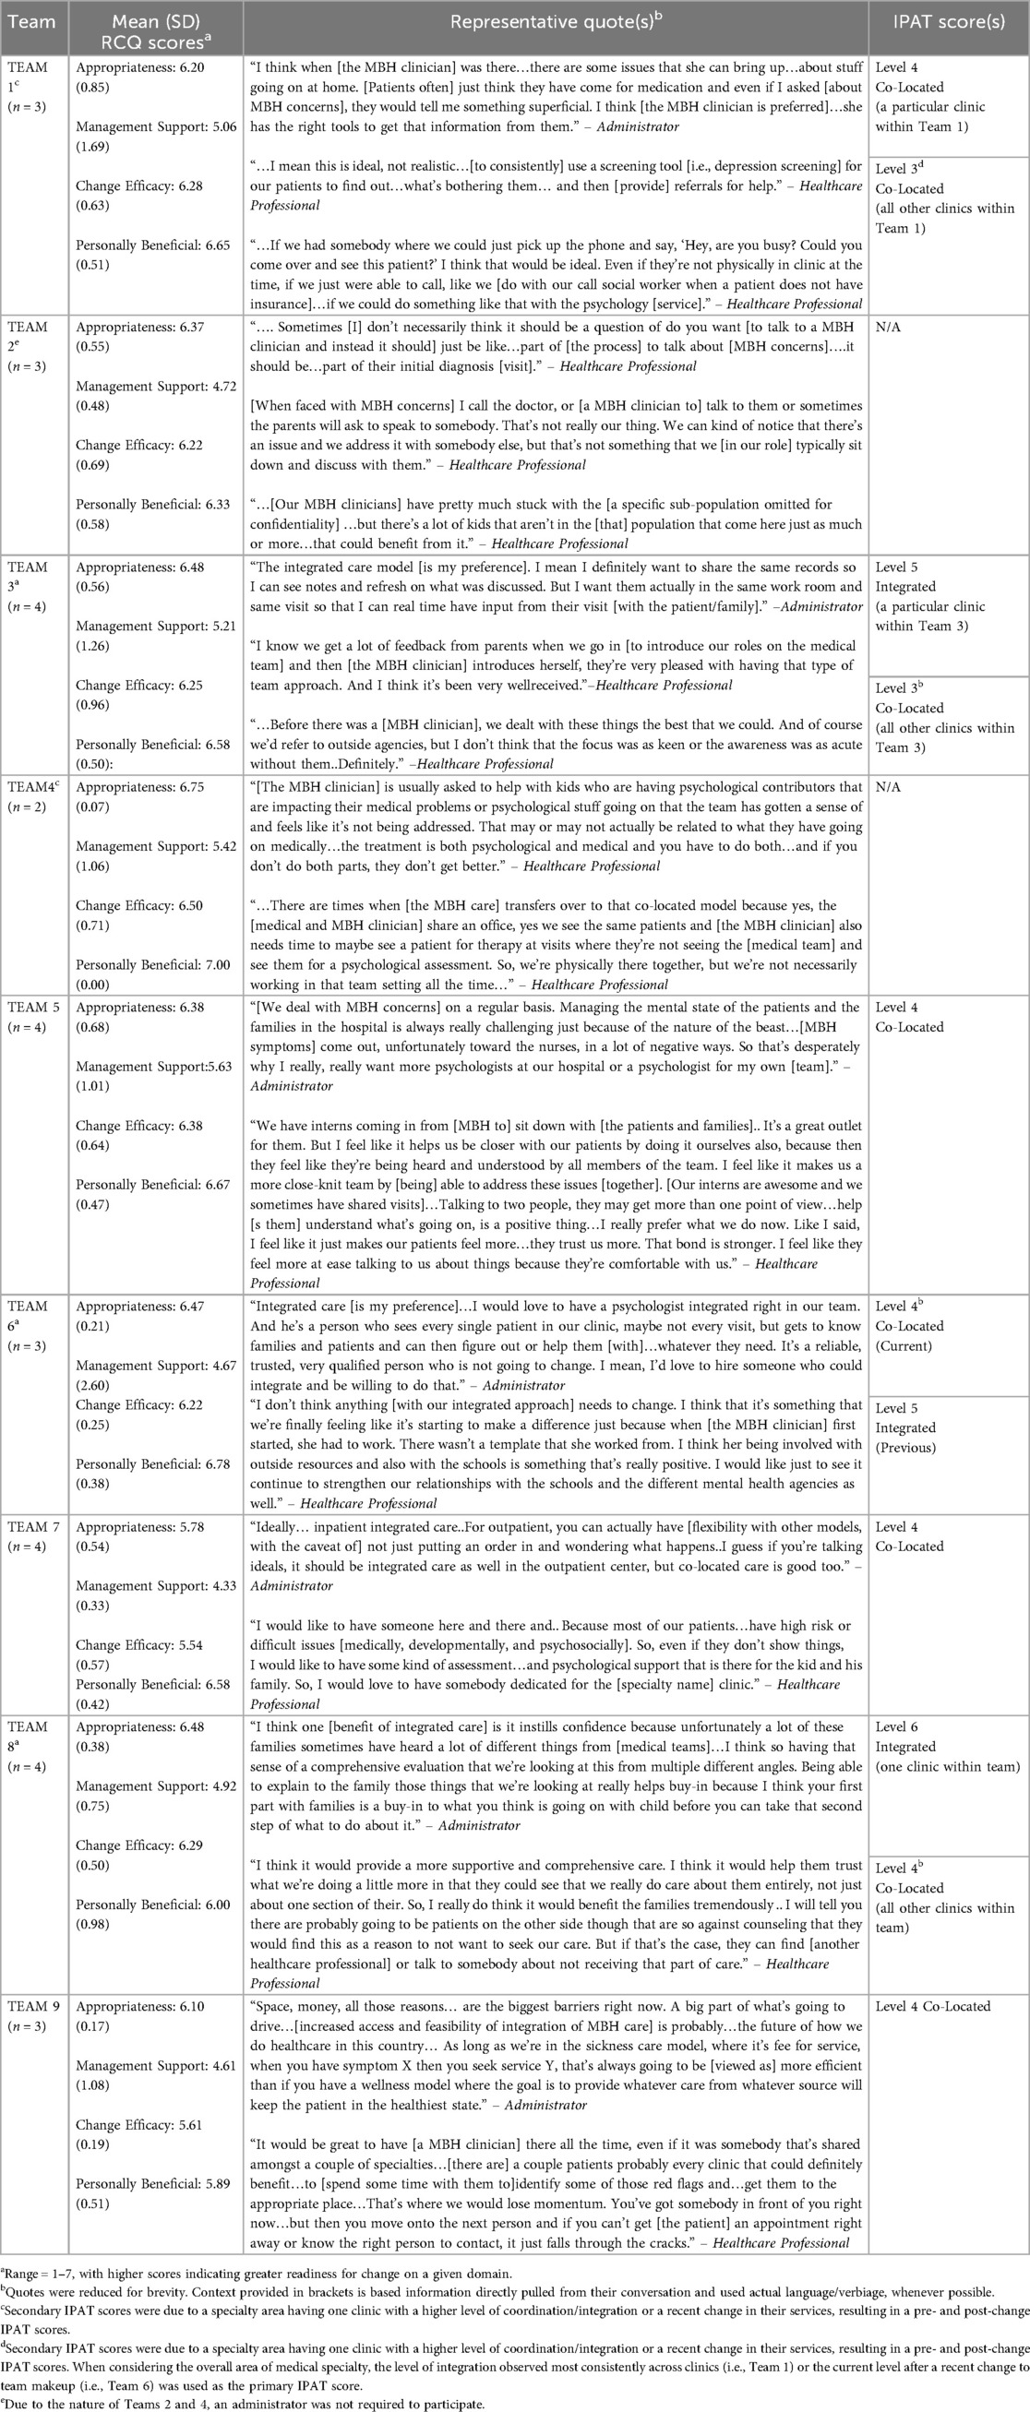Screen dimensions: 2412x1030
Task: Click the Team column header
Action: (30, 21)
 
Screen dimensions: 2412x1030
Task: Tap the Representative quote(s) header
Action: (556, 21)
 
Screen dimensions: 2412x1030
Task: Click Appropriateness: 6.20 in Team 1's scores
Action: (139, 67)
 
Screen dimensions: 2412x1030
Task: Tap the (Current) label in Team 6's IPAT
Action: (904, 1345)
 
